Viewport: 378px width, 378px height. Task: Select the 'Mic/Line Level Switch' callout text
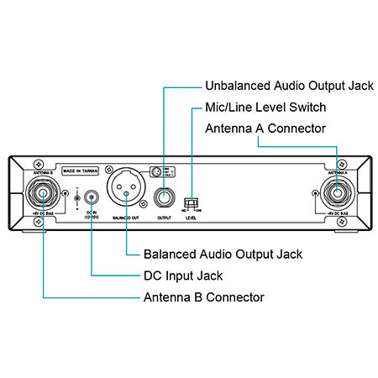[x=265, y=108]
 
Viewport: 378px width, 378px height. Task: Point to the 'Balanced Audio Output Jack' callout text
[x=223, y=254]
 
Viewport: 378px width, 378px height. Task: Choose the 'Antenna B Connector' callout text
[x=204, y=297]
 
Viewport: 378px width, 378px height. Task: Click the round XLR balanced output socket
[x=127, y=195]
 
